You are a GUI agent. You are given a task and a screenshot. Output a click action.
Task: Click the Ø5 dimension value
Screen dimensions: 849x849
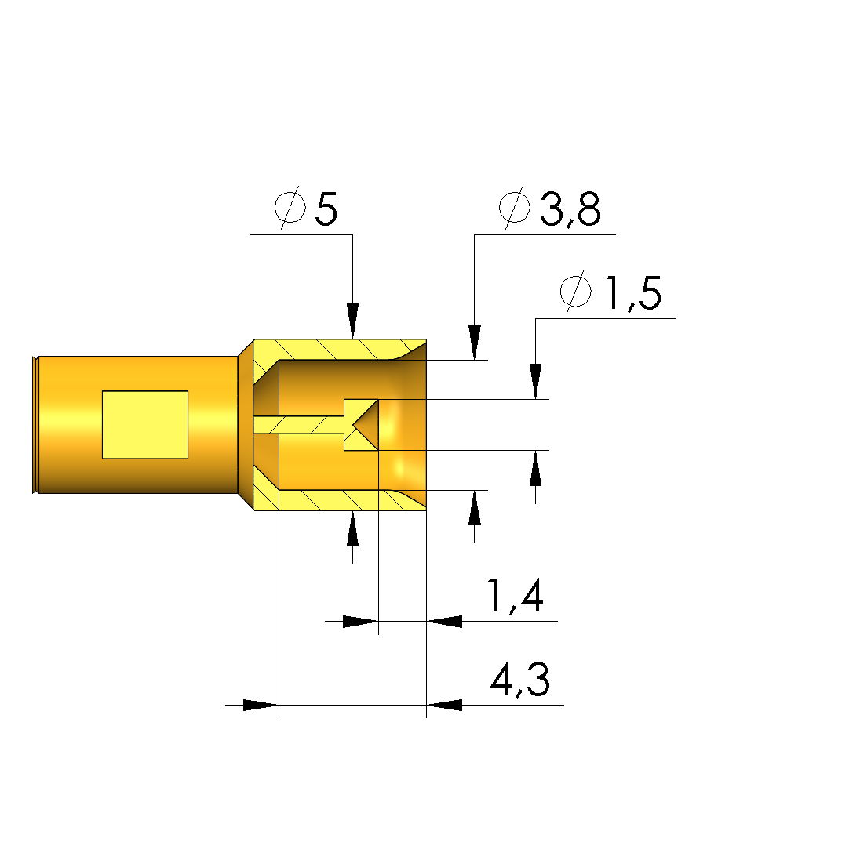[x=306, y=208]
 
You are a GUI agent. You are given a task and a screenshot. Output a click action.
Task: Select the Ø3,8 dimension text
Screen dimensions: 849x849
[x=549, y=208]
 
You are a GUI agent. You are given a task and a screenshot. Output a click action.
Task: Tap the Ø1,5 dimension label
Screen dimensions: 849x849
[x=610, y=292]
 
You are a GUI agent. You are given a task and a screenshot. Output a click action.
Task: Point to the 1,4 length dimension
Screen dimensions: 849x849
[x=516, y=596]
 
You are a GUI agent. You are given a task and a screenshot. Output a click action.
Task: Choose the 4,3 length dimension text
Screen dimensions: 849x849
[x=520, y=679]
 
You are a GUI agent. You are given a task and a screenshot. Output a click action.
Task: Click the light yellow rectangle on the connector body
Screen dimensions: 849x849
[x=145, y=425]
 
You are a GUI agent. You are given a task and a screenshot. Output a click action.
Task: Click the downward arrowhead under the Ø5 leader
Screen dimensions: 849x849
[x=353, y=321]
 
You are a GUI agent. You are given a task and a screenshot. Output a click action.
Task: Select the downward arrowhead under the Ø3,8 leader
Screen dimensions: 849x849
[x=475, y=342]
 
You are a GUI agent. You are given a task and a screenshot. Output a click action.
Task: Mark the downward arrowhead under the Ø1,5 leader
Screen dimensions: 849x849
[x=535, y=382]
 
